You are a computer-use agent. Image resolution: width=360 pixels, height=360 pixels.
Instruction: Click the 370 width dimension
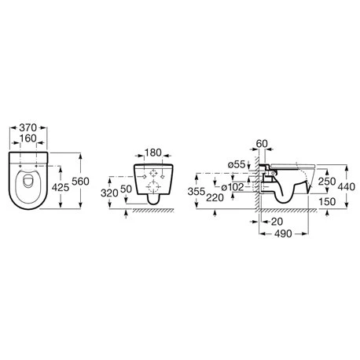(28, 128)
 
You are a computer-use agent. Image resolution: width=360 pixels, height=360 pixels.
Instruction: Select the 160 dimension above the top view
(28, 138)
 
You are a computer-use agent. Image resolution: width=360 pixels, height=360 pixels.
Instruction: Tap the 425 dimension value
(61, 187)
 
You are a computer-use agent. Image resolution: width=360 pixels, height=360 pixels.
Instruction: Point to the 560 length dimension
(80, 181)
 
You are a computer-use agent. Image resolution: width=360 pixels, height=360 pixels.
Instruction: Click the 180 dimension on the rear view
(153, 152)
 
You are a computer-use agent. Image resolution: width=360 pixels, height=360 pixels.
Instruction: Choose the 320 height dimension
(109, 193)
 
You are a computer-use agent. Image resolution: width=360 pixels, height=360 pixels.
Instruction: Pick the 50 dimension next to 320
(126, 189)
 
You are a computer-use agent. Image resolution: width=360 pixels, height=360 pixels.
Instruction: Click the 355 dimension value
(197, 192)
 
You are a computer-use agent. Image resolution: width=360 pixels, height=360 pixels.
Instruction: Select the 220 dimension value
(215, 197)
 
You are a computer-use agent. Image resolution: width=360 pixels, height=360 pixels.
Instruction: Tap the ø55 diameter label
(237, 164)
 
